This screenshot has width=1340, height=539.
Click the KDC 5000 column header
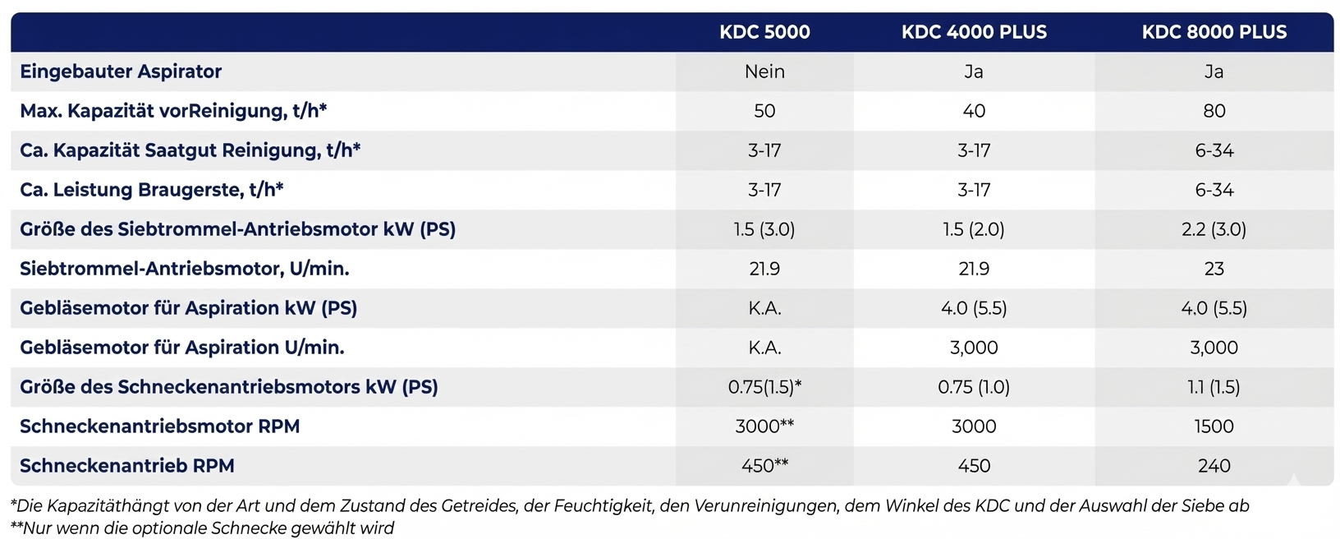(x=764, y=32)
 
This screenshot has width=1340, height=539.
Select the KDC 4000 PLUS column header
(x=974, y=32)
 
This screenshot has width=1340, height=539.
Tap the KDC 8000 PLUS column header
(x=1214, y=32)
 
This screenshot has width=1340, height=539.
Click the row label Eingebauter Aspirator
(x=121, y=71)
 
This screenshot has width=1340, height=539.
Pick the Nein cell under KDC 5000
(x=764, y=71)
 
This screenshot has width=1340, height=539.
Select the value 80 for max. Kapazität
(x=1214, y=111)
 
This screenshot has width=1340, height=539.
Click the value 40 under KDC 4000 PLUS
(x=974, y=111)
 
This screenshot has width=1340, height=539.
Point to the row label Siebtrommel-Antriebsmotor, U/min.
(x=184, y=269)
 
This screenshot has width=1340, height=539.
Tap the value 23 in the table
(x=1214, y=269)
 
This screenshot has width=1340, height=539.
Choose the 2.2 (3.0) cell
(x=1214, y=228)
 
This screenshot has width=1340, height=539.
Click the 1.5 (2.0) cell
(x=974, y=228)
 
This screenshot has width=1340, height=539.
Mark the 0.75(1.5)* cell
(x=764, y=387)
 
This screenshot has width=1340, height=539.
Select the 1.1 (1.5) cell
(x=1214, y=387)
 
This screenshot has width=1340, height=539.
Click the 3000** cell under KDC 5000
(x=764, y=426)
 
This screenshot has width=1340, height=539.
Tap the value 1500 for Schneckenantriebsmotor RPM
(x=1214, y=426)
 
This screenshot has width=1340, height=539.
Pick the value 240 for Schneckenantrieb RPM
(x=1214, y=466)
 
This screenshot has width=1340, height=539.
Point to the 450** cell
(x=764, y=465)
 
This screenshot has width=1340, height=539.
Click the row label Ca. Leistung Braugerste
(x=151, y=189)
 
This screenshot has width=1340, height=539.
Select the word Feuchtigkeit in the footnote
(x=603, y=506)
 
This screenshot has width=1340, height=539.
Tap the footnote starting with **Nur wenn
(x=202, y=528)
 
